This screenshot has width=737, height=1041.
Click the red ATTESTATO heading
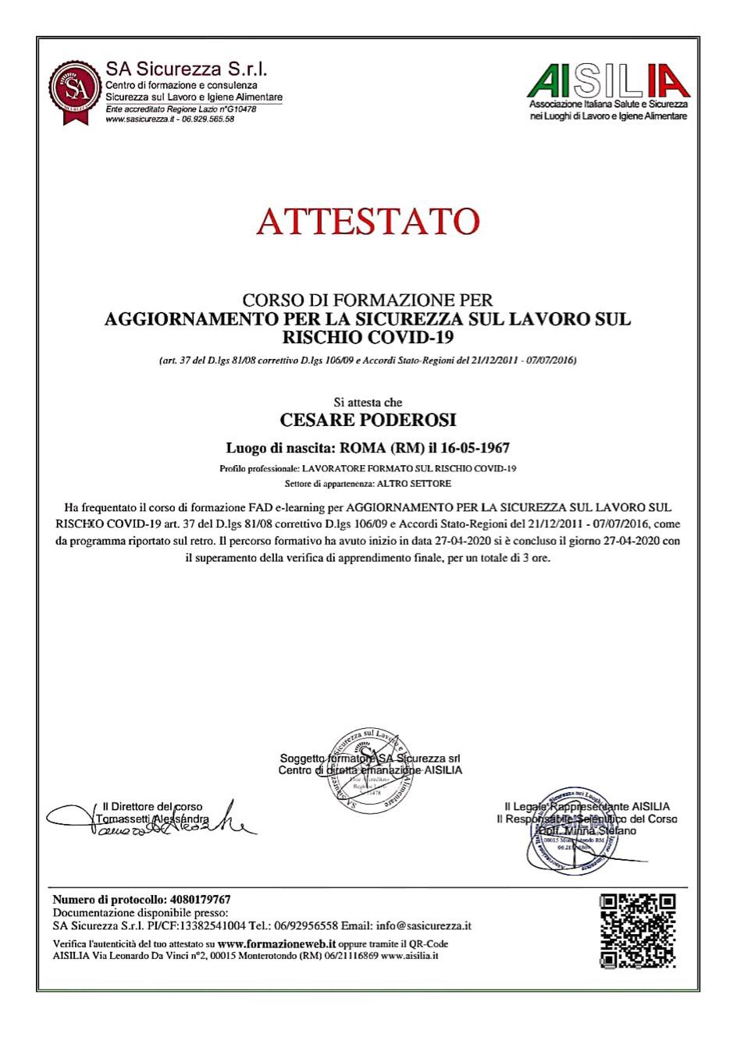tap(367, 222)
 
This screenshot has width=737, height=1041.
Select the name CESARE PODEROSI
tap(368, 420)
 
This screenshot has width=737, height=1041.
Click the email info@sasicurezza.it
tap(423, 926)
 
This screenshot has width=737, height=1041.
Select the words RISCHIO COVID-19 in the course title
tap(368, 338)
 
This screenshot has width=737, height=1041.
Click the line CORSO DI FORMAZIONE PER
tap(368, 300)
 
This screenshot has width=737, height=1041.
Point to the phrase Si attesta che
tap(368, 403)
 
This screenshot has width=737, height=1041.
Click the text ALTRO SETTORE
tap(419, 484)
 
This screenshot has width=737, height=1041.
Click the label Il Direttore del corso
tap(153, 807)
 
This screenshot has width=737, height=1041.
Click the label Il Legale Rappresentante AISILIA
tap(586, 807)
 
